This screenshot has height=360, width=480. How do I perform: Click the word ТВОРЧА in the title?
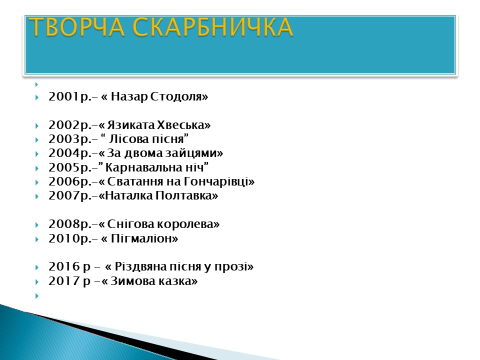click(x=76, y=27)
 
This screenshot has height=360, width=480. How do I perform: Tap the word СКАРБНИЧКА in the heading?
click(x=213, y=27)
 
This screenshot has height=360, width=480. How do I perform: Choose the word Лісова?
click(x=125, y=139)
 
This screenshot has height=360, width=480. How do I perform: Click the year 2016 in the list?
click(x=64, y=266)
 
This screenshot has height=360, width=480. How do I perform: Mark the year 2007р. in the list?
click(x=70, y=195)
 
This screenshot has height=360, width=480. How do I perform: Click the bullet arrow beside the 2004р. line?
click(x=37, y=153)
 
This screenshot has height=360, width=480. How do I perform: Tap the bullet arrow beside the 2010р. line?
click(x=37, y=239)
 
